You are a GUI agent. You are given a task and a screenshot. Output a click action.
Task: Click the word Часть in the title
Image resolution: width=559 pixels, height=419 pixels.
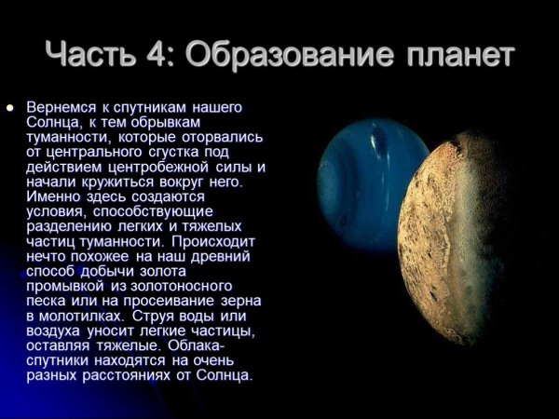point(97,54)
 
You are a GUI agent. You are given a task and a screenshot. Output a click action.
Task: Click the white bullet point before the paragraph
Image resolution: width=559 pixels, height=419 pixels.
point(11,107)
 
